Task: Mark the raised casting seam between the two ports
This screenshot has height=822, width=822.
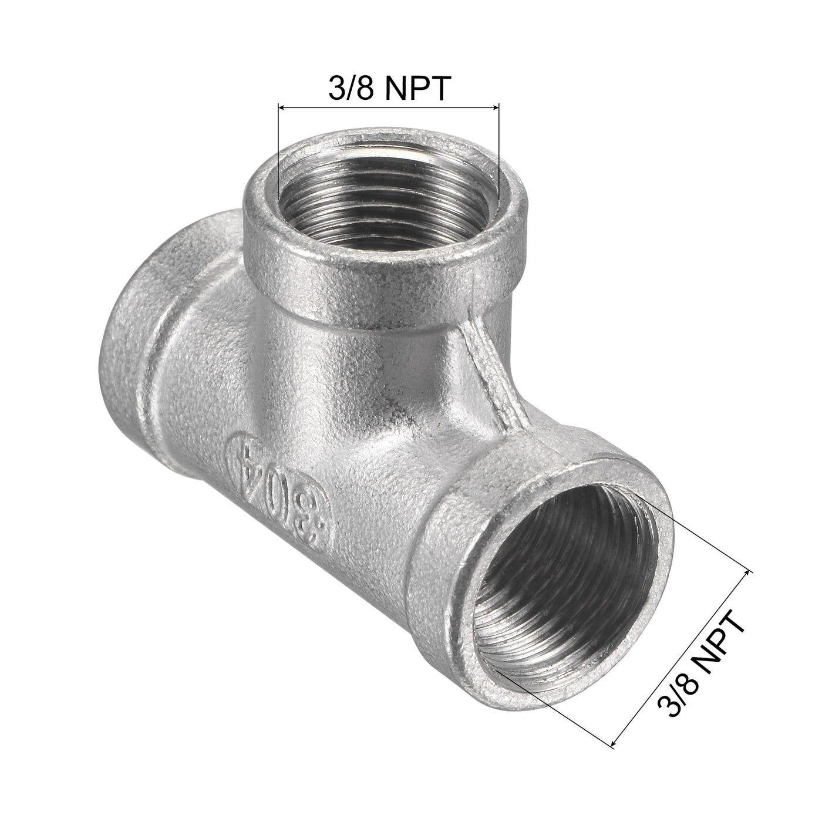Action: [487, 376]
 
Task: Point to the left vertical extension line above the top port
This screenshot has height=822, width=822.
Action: [277, 153]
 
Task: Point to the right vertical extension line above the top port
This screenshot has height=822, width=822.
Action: [498, 153]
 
